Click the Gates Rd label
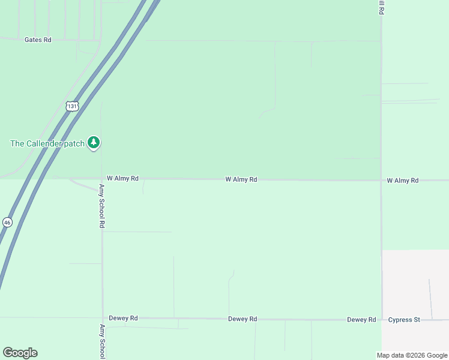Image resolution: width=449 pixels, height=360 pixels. [x=38, y=40]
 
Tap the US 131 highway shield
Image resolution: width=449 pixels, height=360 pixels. [x=72, y=106]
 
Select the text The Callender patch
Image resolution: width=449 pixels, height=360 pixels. [x=47, y=143]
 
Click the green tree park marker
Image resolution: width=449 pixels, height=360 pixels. [x=93, y=142]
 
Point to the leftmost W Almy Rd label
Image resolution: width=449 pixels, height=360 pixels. [x=122, y=178]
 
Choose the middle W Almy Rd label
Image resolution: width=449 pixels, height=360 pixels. [x=241, y=179]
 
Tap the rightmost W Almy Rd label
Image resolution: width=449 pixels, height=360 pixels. [x=402, y=180]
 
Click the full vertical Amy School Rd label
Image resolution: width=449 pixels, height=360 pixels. [x=102, y=206]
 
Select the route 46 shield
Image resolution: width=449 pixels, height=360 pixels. [x=7, y=222]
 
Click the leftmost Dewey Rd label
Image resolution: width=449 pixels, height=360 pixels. [x=123, y=318]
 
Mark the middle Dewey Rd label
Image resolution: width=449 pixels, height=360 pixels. [x=243, y=319]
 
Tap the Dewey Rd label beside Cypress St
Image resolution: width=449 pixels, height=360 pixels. [x=361, y=320]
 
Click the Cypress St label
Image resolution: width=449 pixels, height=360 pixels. [x=404, y=320]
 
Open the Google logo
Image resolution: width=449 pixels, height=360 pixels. [x=20, y=353]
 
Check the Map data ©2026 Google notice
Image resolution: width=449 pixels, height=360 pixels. [x=412, y=355]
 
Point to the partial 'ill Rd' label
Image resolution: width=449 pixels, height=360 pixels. [x=381, y=7]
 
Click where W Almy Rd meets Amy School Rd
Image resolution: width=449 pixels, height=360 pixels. [x=102, y=178]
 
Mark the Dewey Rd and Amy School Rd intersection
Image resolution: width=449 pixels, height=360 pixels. [x=102, y=318]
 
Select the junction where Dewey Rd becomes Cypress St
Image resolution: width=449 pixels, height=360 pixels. [x=381, y=320]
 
